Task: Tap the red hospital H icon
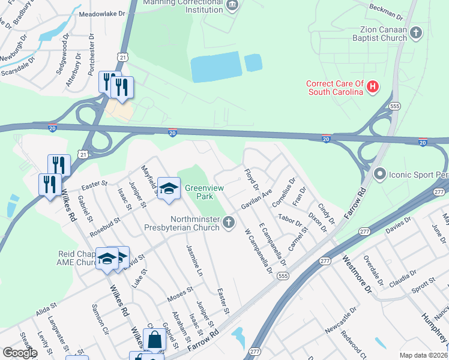(373, 88)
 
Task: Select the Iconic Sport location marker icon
(379, 175)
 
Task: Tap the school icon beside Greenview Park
(169, 190)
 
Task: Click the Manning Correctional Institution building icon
(232, 6)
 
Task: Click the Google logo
(20, 353)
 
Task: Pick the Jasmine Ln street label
(196, 259)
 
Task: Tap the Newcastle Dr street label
(340, 321)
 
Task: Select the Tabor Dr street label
(291, 220)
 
